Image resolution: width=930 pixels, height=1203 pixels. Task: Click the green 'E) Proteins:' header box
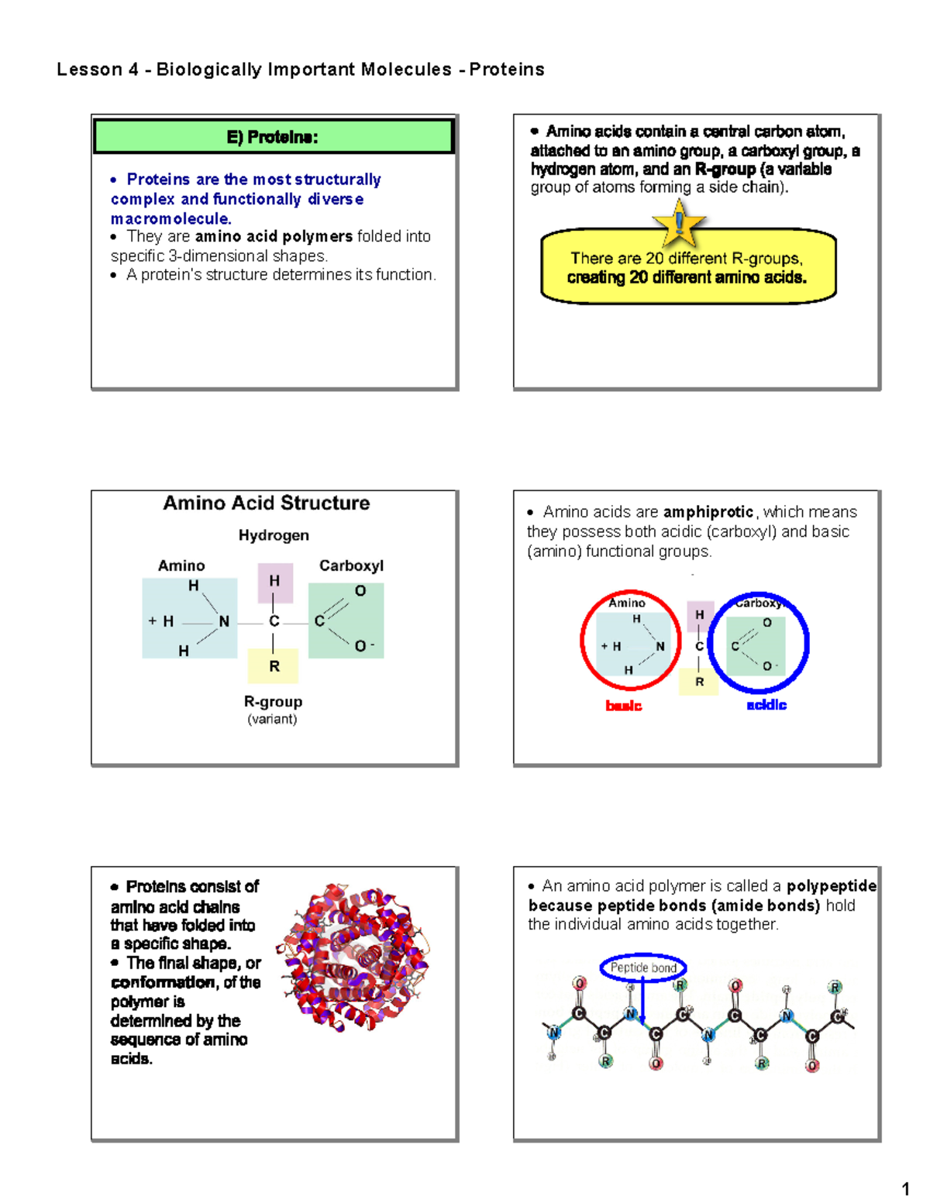tap(273, 137)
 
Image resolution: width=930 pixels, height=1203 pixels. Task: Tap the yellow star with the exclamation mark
tap(679, 223)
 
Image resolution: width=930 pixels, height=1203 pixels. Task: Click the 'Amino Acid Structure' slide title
tap(266, 504)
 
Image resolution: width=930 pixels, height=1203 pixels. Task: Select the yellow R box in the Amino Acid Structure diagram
tap(273, 666)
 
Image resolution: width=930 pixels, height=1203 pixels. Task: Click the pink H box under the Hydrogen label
tap(274, 583)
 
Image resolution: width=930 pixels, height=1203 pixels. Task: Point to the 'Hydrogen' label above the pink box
tap(274, 535)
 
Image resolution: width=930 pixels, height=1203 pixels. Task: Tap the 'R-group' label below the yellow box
tap(273, 702)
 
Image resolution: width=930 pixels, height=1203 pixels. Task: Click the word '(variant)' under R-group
tap(272, 719)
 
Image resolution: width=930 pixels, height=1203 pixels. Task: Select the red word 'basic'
tap(623, 706)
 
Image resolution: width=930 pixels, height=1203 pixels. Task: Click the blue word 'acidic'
tap(766, 705)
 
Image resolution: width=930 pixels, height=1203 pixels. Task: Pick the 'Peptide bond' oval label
tap(643, 968)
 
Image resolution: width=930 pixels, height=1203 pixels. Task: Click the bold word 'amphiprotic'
tap(708, 512)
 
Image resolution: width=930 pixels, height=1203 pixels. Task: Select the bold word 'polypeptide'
tap(832, 886)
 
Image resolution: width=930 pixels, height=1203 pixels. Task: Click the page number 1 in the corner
tap(905, 1189)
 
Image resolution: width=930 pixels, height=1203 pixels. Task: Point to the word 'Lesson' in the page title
tap(90, 70)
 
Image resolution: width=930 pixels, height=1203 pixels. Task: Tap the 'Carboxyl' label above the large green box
tap(351, 565)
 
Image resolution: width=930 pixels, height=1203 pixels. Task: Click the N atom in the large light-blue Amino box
tap(224, 621)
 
